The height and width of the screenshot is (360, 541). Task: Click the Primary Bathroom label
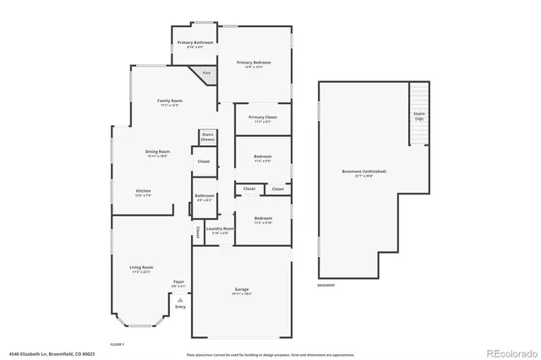[194, 44]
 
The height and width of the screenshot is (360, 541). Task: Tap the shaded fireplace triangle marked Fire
[204, 75]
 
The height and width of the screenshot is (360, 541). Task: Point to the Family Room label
[170, 102]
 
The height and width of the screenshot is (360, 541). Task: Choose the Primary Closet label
[261, 119]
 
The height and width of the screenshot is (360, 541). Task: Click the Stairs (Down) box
[208, 136]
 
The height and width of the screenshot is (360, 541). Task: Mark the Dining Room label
[157, 154]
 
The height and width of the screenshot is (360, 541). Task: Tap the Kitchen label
[144, 193]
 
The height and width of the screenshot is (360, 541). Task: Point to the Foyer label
[178, 283]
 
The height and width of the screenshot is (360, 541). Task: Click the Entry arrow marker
[180, 302]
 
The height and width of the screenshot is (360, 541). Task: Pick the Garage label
[242, 292]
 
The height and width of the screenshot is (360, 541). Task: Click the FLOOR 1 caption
[117, 344]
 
